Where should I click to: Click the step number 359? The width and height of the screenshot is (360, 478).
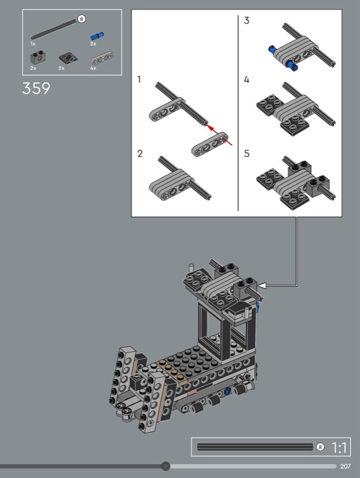pyautogui.click(x=36, y=88)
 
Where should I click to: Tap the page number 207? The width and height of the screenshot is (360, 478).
pyautogui.click(x=346, y=466)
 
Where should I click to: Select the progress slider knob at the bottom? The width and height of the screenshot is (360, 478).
pyautogui.click(x=166, y=466)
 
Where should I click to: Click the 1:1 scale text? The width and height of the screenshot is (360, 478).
pyautogui.click(x=339, y=448)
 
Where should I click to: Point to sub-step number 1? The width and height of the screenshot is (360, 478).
pyautogui.click(x=139, y=79)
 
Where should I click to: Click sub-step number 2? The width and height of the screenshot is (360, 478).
pyautogui.click(x=140, y=154)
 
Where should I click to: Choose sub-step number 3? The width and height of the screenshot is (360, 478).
pyautogui.click(x=246, y=20)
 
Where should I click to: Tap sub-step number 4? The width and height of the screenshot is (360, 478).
pyautogui.click(x=246, y=79)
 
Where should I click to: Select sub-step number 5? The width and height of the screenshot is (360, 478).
pyautogui.click(x=247, y=154)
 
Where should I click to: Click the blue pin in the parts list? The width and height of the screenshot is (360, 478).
pyautogui.click(x=97, y=36)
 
